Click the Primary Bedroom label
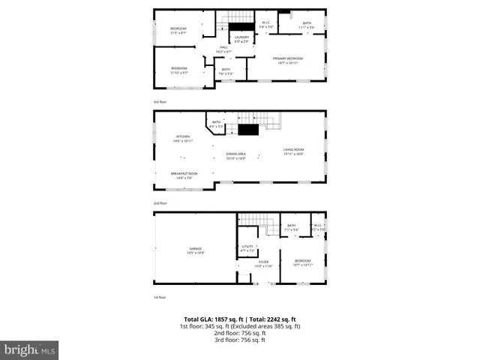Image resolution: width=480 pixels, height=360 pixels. (x=288, y=59)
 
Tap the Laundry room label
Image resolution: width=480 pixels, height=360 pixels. (x=241, y=37)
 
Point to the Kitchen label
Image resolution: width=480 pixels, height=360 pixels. (x=184, y=138)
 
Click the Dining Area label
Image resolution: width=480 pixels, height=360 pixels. (x=236, y=154)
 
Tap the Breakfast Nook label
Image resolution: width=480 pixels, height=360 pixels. (x=184, y=175)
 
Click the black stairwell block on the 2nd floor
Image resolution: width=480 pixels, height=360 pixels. (x=248, y=130)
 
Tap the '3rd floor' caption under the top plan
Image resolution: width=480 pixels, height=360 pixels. (x=159, y=100)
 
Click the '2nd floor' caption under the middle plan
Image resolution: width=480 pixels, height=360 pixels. (x=159, y=202)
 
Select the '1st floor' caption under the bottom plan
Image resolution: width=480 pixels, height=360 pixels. (x=159, y=297)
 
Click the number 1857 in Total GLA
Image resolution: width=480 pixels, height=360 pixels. (x=223, y=319)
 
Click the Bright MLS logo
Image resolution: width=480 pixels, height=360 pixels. (x=30, y=349)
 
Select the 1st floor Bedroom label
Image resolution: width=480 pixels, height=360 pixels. (x=302, y=262)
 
